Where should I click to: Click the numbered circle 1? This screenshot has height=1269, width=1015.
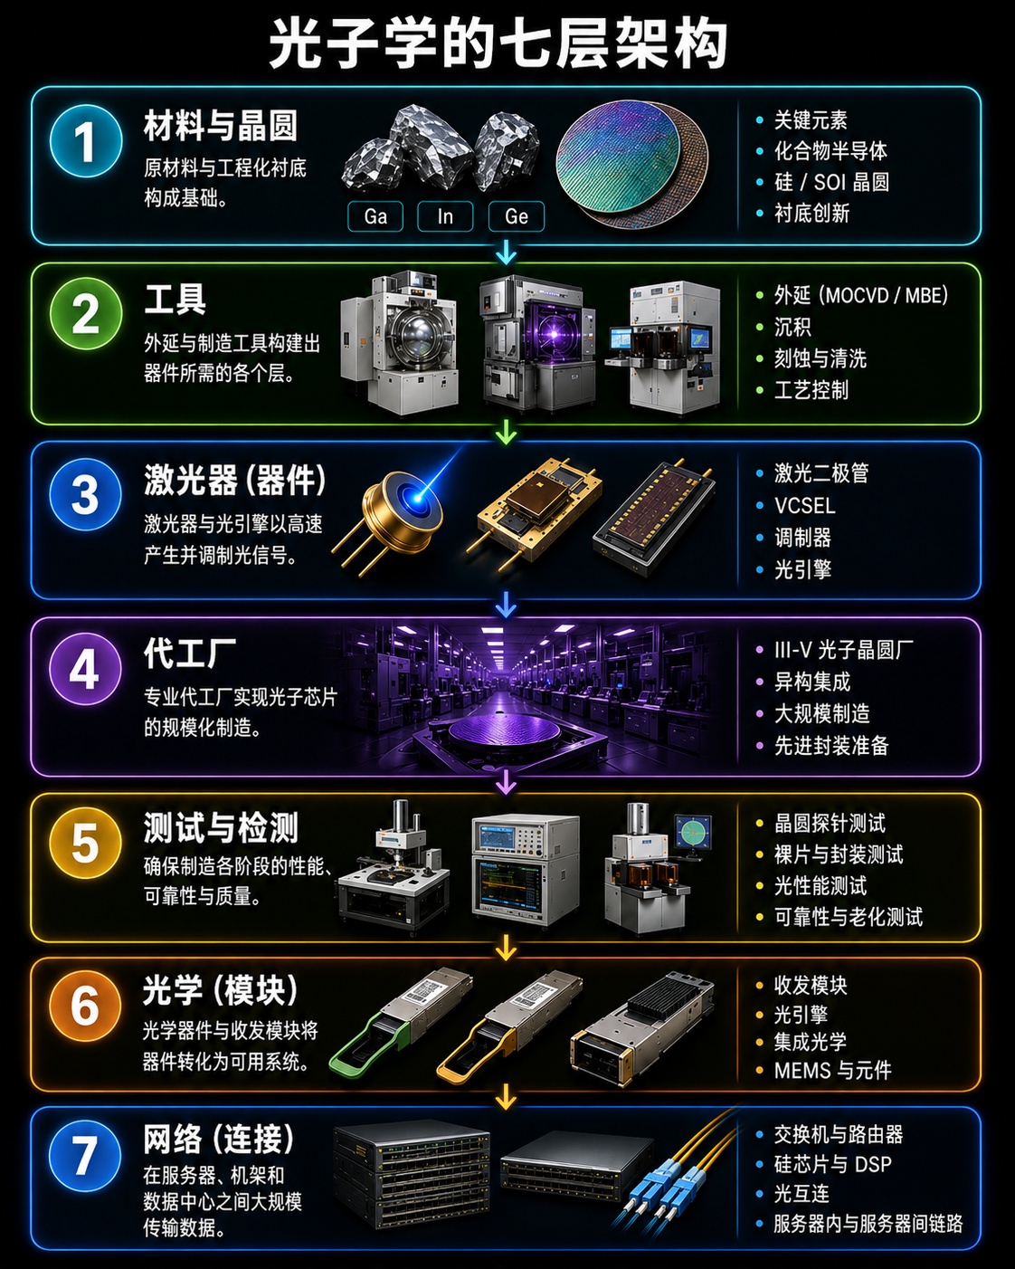pos(86,140)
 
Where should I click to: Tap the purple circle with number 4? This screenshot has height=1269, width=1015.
pos(85,669)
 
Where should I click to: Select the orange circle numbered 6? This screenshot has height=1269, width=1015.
pos(85,1007)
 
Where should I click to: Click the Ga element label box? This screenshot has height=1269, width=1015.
pos(375,216)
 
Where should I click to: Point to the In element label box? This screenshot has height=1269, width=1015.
pos(445,216)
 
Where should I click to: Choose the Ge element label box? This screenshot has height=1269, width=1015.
pos(517,216)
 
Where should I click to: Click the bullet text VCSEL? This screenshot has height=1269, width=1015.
pos(804,505)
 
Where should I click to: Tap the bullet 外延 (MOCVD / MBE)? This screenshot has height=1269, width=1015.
pos(861,295)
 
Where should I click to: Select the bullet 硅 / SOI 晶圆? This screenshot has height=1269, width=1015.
pos(831,182)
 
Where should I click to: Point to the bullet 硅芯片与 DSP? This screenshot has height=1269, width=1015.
pos(832,1164)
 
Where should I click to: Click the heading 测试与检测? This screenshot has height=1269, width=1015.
pos(221,827)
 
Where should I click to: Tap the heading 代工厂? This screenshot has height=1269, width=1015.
pos(190,654)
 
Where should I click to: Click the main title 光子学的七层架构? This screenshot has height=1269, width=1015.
pos(498,44)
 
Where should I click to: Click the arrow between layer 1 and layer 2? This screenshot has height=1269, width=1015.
pos(507,253)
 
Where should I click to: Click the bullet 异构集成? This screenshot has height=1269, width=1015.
pos(812,682)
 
